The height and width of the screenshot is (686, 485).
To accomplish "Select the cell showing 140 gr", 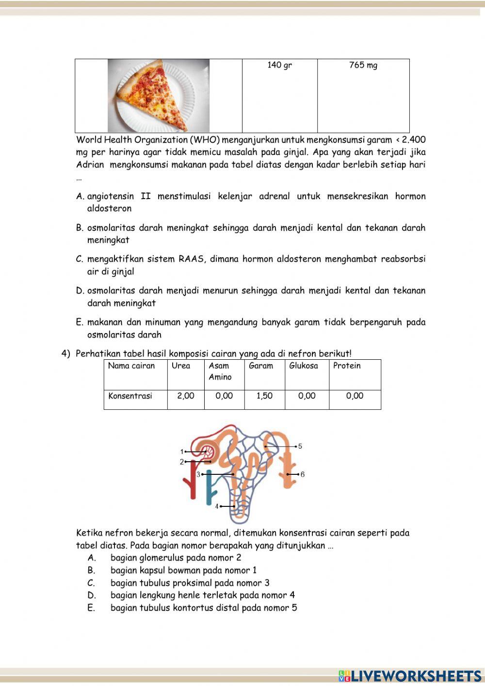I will click(279, 65).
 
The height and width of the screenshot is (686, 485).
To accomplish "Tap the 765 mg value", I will click(363, 65).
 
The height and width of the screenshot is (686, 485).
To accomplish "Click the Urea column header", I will click(180, 366).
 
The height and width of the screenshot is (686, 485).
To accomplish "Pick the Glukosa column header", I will click(303, 366).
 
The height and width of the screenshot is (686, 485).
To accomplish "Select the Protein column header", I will click(346, 366).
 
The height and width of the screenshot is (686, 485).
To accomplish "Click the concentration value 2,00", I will click(185, 396).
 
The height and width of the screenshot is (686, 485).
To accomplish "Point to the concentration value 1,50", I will click(264, 396).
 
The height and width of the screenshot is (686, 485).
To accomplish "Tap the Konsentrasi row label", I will click(130, 396).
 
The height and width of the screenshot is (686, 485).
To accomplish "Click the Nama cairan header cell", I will click(131, 366).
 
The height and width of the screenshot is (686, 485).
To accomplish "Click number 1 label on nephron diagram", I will click(182, 452).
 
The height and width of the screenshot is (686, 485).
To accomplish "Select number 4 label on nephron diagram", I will click(217, 506).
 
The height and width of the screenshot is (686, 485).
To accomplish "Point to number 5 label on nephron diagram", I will click(300, 446).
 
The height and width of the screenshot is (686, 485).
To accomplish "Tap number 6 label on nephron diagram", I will click(303, 474).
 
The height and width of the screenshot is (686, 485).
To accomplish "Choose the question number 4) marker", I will click(66, 353).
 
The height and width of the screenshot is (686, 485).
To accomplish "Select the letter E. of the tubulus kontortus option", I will click(91, 608).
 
